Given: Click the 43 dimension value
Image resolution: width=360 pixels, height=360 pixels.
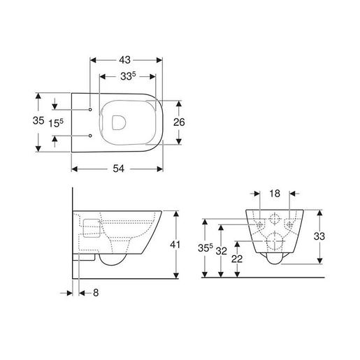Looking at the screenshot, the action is (124, 60).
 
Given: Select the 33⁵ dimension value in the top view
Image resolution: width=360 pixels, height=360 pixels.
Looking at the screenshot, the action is (128, 76).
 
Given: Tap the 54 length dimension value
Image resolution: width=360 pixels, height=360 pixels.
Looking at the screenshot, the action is (119, 168).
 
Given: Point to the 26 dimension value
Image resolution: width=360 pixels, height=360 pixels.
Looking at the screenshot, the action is (179, 122).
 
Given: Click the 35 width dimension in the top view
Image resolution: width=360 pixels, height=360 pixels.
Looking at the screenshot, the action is (38, 120).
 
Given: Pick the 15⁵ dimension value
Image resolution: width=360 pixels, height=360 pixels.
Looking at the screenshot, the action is (56, 123).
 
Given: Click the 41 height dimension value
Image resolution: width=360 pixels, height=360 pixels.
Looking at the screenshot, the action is (175, 245).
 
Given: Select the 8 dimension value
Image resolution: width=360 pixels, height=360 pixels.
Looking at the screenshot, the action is (96, 293).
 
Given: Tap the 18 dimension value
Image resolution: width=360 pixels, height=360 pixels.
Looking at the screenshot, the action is (275, 194).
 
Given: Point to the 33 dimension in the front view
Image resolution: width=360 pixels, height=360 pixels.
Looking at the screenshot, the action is (319, 236).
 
